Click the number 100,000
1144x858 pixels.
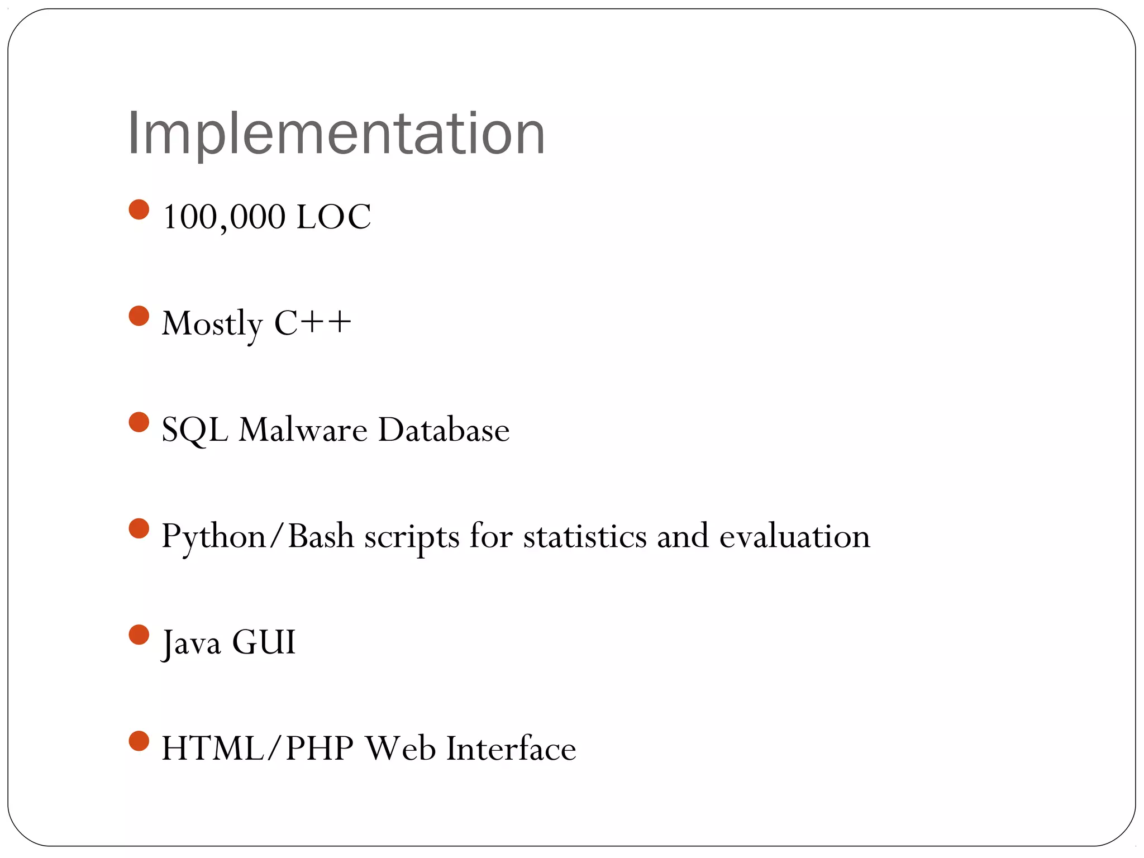223,217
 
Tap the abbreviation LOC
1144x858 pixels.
333,217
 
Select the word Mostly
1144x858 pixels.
212,323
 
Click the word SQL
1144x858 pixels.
194,430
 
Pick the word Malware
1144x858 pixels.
303,430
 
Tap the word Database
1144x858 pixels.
444,430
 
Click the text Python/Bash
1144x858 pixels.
258,536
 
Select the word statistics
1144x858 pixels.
584,536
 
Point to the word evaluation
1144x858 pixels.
794,536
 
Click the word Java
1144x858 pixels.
191,642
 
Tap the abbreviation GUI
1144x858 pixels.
263,642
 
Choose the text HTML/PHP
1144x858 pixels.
258,749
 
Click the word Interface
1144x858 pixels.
511,749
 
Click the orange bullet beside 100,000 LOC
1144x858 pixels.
139,210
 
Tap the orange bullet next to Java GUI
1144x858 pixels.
139,635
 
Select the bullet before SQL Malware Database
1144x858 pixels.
139,422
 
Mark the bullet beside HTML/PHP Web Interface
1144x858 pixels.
139,741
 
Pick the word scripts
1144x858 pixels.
412,537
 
